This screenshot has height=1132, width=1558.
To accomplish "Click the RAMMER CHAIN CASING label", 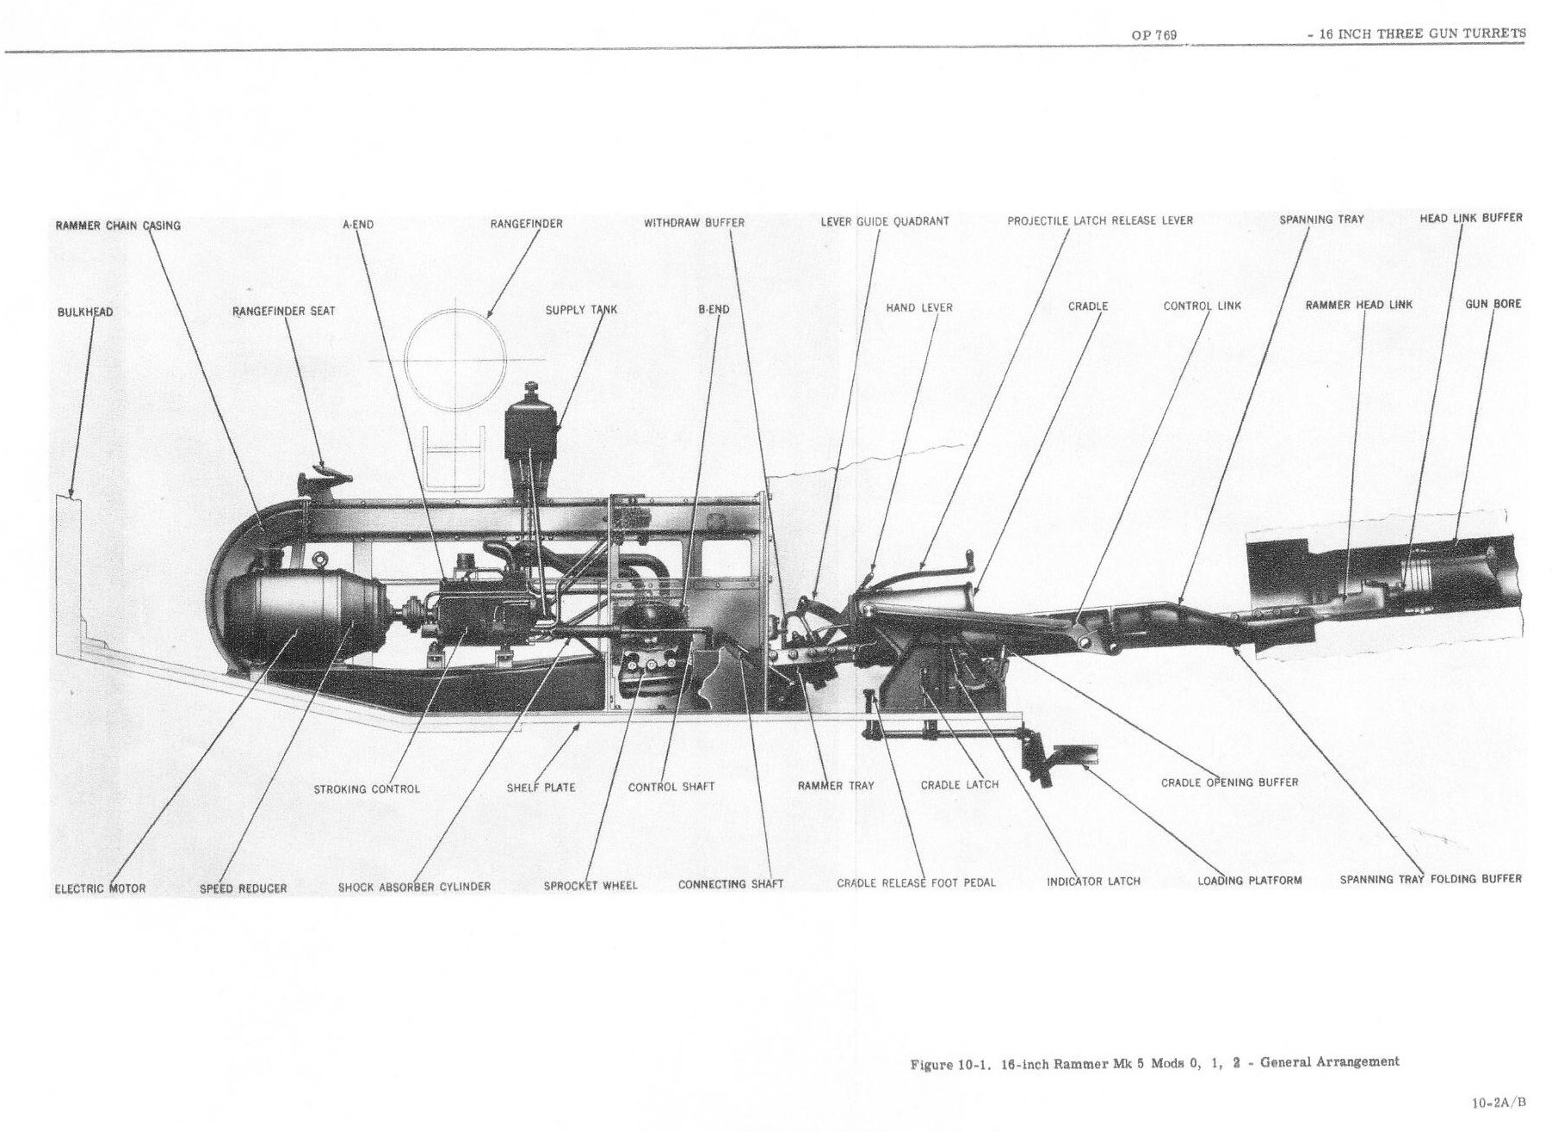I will pos(118,226).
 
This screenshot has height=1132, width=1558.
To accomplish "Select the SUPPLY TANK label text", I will pos(581,310).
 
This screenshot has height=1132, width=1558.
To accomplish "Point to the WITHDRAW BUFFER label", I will pos(694,223).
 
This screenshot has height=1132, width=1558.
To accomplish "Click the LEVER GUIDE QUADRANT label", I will pos(885,221).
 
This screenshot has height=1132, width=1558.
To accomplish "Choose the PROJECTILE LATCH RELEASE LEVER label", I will pos(1100,220).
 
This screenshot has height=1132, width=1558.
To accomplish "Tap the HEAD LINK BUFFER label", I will pos(1470,218).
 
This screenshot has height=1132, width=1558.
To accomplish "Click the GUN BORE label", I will pos(1493,304).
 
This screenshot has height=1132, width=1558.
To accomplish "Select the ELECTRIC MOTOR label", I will pos(100,888).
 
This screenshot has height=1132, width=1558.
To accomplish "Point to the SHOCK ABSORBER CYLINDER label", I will pos(414,887).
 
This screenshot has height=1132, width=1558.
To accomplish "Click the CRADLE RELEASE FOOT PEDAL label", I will pos(916,883).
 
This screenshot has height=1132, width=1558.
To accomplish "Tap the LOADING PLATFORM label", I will pos(1249,881).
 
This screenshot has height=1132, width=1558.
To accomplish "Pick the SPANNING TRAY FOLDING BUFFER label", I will pos(1431,880).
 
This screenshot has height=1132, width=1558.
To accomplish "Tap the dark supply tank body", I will pos(530,435).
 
